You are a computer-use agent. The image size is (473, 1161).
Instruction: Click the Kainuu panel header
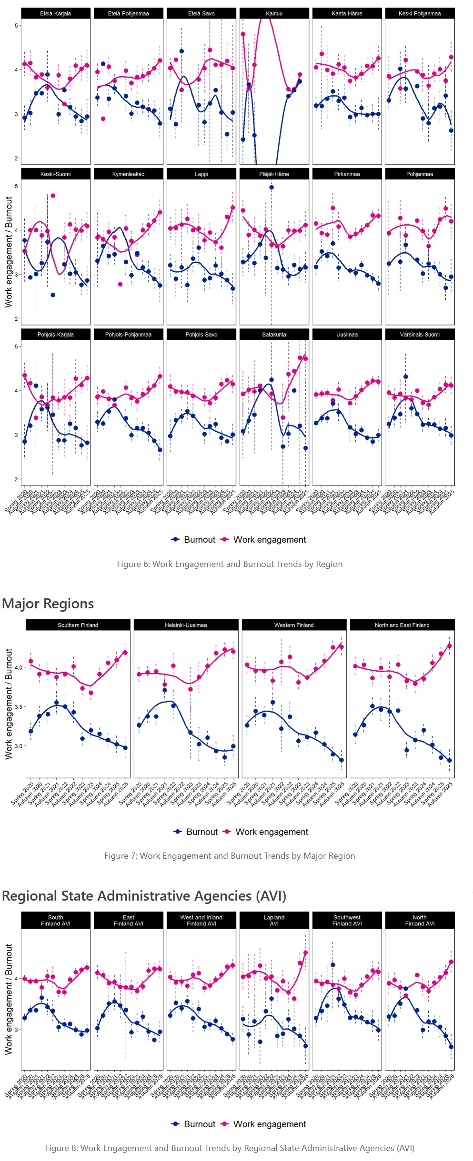(274, 13)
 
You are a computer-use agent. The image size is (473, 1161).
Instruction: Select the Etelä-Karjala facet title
(55, 13)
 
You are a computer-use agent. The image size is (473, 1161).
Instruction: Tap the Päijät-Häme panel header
(274, 174)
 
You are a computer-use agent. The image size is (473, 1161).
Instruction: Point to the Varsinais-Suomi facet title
(420, 334)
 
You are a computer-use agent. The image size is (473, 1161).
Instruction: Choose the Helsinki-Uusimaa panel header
(186, 625)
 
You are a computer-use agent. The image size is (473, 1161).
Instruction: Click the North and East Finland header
(402, 625)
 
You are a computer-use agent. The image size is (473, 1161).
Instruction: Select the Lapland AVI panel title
(274, 920)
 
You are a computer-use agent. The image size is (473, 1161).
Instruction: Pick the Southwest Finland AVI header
(347, 920)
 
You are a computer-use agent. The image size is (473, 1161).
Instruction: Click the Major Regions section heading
(48, 604)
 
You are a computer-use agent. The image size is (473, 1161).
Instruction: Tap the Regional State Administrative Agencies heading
(144, 896)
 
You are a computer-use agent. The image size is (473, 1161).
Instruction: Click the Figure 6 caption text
(230, 564)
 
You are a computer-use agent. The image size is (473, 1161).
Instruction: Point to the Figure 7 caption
(230, 856)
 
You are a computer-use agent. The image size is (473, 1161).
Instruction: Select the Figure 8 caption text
(230, 1148)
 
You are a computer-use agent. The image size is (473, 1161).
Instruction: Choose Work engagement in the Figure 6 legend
(269, 539)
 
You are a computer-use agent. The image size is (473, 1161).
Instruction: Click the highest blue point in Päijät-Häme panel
(272, 187)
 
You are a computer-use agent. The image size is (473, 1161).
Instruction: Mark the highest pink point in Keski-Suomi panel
(53, 196)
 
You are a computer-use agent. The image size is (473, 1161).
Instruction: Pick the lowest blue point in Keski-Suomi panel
(53, 295)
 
